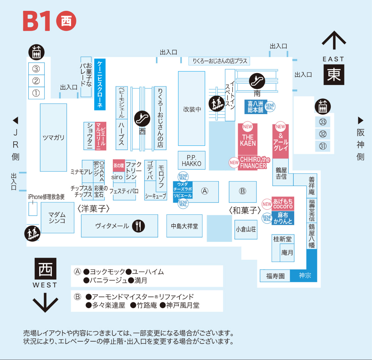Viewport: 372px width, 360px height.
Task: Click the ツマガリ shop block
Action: point(53,137)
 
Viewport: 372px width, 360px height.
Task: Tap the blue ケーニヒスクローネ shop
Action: point(100,84)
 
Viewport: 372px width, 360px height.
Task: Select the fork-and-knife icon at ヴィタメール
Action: point(138,226)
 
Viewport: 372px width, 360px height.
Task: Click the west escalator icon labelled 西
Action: point(142,118)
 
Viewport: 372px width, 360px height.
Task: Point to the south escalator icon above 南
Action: point(257,81)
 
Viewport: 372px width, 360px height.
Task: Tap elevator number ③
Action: point(36,69)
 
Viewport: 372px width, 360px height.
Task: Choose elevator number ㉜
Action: point(323,134)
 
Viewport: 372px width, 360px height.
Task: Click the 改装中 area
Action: point(192,109)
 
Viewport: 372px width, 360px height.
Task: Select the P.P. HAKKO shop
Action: point(192,160)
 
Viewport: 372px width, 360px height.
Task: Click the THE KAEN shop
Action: point(248,139)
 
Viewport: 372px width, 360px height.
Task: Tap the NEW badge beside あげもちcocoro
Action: point(267,204)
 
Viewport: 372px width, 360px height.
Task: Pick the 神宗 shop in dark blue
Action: point(305,275)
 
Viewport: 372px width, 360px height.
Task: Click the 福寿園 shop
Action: point(275,276)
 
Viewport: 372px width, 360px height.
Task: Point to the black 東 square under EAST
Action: point(334,74)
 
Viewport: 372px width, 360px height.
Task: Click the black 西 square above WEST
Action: point(46,269)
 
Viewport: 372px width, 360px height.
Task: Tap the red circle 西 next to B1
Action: point(66,21)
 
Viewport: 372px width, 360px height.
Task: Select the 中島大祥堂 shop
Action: point(184,226)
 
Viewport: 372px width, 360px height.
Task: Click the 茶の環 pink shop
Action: point(119,166)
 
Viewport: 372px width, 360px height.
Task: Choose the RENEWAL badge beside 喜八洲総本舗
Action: point(270,106)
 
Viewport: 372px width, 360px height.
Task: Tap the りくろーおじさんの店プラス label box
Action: point(219,61)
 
